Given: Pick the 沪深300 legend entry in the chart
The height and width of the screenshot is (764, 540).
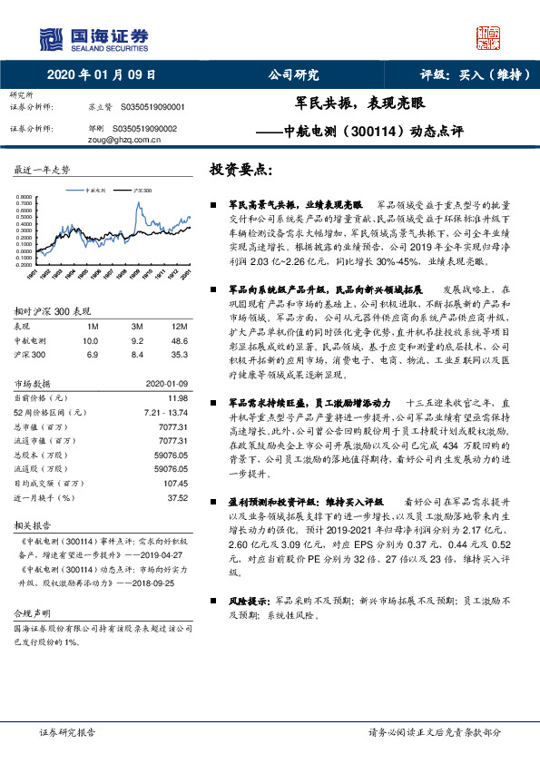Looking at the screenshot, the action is (x=142, y=191).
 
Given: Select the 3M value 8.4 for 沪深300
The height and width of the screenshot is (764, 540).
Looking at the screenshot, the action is (x=138, y=354).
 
